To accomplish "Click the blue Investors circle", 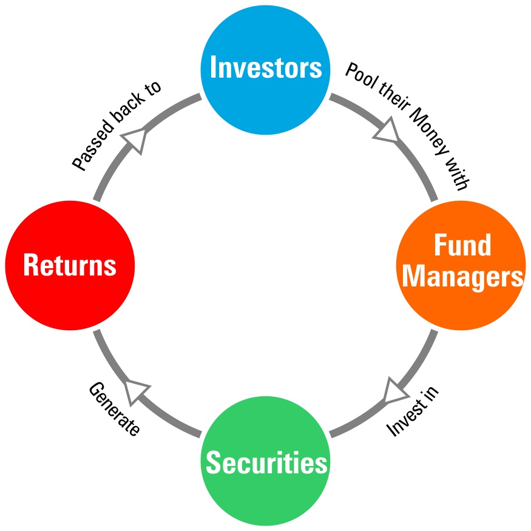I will coord(265,67).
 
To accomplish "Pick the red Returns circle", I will coord(70,266).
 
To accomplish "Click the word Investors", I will coord(265,66).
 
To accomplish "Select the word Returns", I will coord(70,266).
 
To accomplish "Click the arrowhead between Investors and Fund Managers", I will coord(386,131).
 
